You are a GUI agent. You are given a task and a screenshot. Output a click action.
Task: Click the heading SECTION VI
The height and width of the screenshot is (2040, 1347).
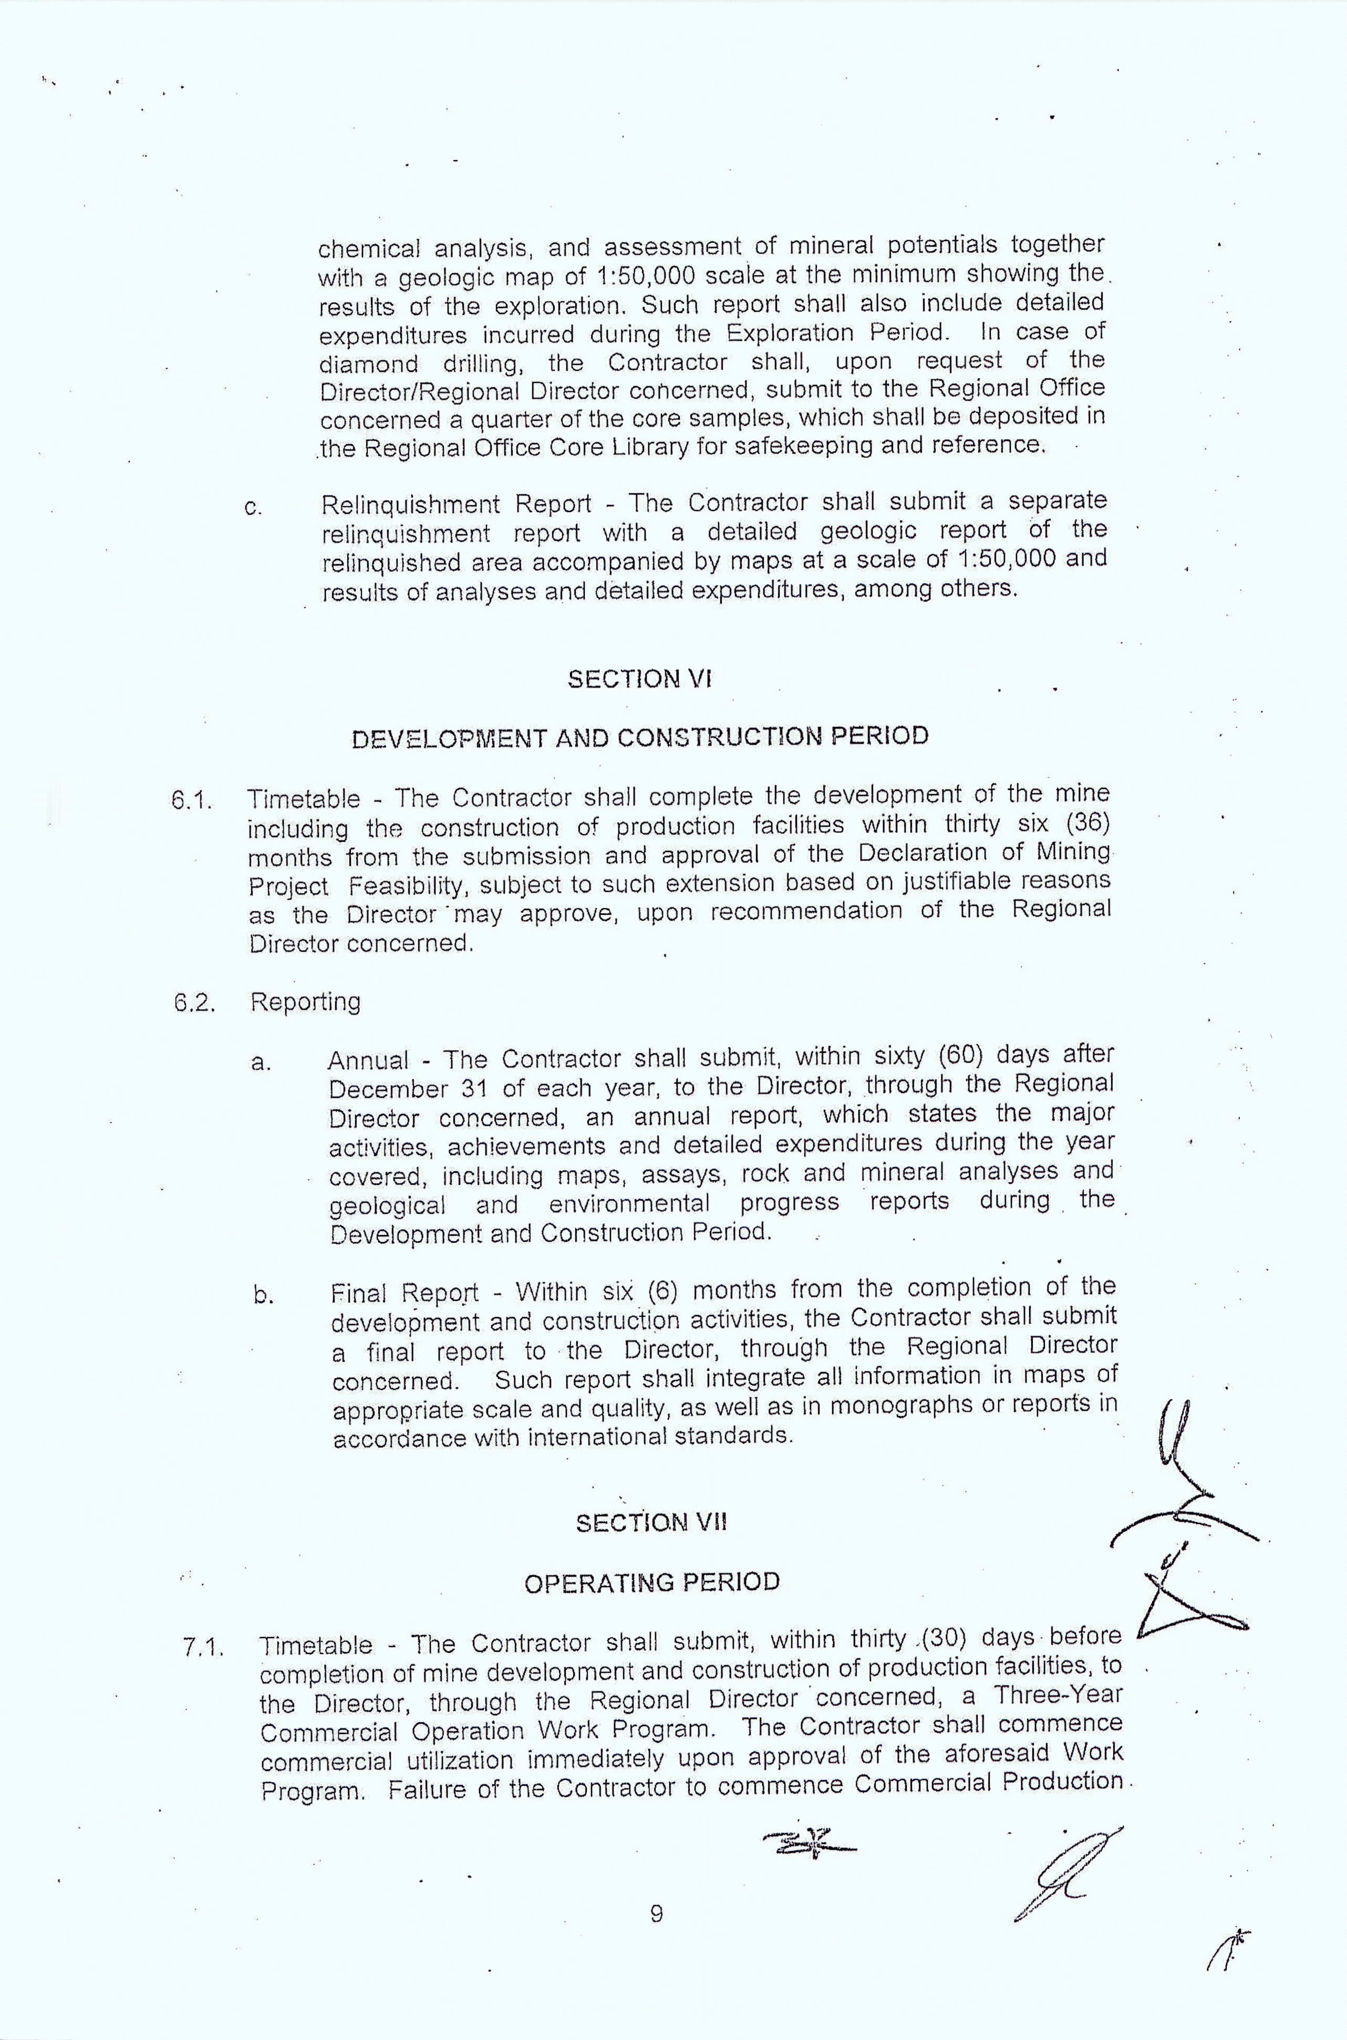pos(639,680)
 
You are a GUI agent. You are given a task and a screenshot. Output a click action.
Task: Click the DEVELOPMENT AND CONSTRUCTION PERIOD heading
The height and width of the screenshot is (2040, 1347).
pos(640,737)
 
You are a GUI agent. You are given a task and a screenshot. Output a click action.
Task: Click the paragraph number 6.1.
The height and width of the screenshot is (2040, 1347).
pos(191,800)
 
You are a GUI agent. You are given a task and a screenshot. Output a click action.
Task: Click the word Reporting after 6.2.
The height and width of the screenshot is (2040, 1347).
pos(305,1002)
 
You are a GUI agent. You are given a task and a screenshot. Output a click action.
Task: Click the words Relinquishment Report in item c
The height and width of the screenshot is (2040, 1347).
pos(455,504)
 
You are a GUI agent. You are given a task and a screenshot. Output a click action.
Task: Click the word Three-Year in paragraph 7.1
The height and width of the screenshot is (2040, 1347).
pos(1059,1695)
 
